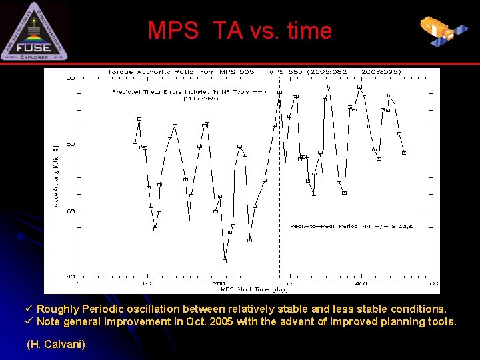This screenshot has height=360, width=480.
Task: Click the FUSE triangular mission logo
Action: click(x=34, y=32)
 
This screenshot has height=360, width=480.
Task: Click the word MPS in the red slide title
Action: click(x=173, y=31)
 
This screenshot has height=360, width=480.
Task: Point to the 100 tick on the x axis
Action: click(x=147, y=283)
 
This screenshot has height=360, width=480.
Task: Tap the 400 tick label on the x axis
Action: click(x=361, y=283)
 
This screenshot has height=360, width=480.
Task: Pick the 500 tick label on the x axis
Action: click(x=432, y=283)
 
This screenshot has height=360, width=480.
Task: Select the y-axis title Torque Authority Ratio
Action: click(x=56, y=175)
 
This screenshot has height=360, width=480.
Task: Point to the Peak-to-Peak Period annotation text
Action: click(x=351, y=226)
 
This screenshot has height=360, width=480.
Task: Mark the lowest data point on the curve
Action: click(x=225, y=260)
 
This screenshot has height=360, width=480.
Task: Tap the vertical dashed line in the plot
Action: click(x=279, y=200)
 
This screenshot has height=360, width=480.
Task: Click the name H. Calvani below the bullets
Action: click(x=55, y=345)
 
